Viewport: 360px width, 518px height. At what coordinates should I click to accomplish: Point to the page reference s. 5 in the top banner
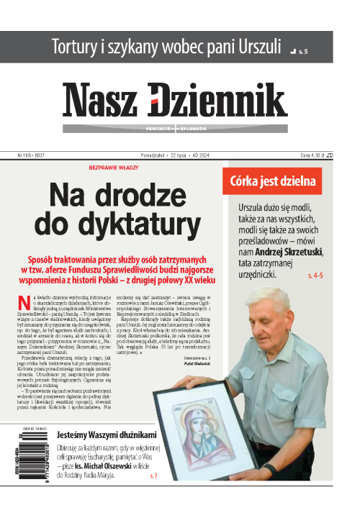tap(303, 52)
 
